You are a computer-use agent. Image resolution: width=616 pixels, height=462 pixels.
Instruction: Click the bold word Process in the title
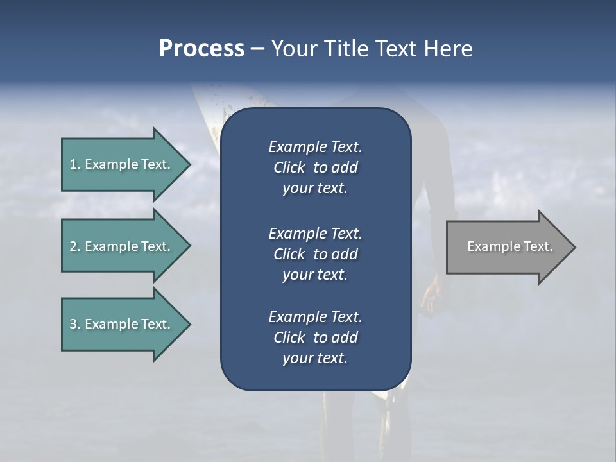click(x=201, y=49)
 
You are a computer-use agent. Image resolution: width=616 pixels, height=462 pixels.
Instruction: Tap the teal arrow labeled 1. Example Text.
click(x=121, y=164)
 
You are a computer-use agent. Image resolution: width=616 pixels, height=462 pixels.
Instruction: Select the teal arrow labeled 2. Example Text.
click(x=121, y=246)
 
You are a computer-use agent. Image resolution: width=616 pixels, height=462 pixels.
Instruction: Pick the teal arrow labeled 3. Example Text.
click(x=121, y=324)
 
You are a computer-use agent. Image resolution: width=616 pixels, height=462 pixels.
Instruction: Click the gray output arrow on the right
click(x=507, y=247)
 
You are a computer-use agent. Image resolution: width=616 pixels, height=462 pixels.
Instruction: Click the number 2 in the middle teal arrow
click(x=73, y=246)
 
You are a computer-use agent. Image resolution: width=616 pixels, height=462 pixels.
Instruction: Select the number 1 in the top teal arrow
click(x=73, y=164)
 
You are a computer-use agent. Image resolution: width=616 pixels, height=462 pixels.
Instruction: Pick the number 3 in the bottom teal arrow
click(x=73, y=324)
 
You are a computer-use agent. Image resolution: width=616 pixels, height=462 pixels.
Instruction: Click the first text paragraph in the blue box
click(x=315, y=167)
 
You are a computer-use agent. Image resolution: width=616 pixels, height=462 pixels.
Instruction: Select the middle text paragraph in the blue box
click(x=315, y=254)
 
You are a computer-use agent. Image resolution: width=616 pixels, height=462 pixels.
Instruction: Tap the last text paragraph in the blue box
click(x=315, y=338)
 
